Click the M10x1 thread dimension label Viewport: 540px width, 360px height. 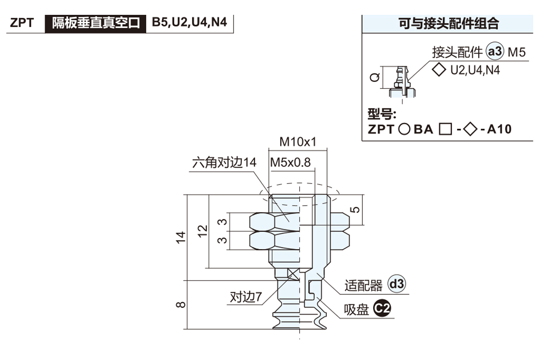click(297, 143)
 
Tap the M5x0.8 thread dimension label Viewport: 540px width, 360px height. click(290, 162)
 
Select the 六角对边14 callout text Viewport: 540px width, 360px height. click(224, 162)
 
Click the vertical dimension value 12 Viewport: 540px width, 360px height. click(203, 230)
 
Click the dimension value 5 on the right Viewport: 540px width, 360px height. click(355, 209)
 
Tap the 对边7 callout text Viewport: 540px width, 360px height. click(246, 297)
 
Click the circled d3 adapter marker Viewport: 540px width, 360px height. click(397, 284)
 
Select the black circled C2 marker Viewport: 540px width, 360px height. click(382, 309)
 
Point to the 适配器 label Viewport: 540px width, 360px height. click(363, 285)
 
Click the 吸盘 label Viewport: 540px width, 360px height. click(356, 310)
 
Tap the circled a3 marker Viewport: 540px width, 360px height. click(495, 52)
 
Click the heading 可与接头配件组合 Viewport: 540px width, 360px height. click(449, 23)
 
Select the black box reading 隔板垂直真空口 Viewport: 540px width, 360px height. click(96, 22)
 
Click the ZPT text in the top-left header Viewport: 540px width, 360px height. click(22, 23)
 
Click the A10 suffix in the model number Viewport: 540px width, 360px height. click(499, 130)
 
